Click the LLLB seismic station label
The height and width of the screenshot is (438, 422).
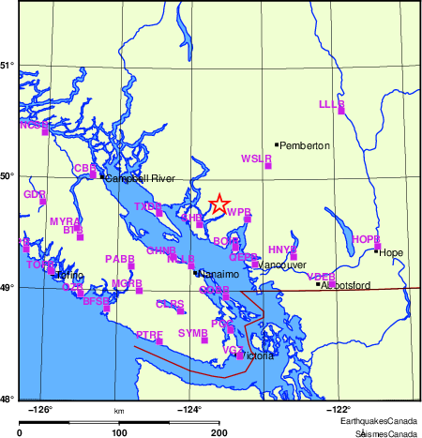coord(332,104)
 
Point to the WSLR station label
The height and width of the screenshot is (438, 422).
coord(256,159)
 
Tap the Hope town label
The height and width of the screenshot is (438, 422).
coord(391,252)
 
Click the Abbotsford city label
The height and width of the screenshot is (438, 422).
coord(346,284)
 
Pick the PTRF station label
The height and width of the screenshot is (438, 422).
coord(149,334)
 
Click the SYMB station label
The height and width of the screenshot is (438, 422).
coord(192,333)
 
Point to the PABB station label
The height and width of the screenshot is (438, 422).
coord(120,258)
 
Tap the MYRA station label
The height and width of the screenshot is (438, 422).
coord(65,221)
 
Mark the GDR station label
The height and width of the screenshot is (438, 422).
coord(35,194)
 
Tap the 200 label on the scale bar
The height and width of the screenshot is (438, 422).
coord(219,432)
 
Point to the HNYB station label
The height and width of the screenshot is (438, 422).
coord(282,249)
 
